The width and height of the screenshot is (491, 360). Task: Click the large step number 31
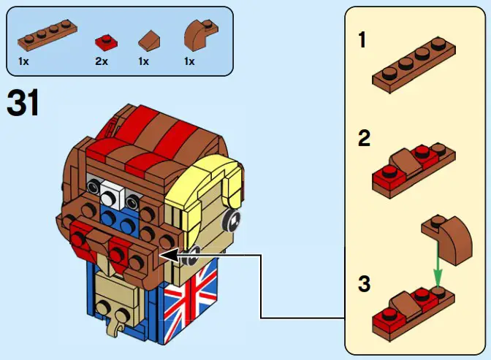23,104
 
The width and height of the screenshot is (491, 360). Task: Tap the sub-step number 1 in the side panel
362,39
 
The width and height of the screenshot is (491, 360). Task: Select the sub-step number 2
363,138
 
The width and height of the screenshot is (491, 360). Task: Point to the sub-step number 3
363,283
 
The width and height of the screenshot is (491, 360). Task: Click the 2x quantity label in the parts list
102,61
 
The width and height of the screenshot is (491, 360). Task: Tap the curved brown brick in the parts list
197,34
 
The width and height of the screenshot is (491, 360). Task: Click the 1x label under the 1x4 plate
25,61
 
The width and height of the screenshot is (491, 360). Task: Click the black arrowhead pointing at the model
166,255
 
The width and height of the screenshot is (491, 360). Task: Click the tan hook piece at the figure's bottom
116,322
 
